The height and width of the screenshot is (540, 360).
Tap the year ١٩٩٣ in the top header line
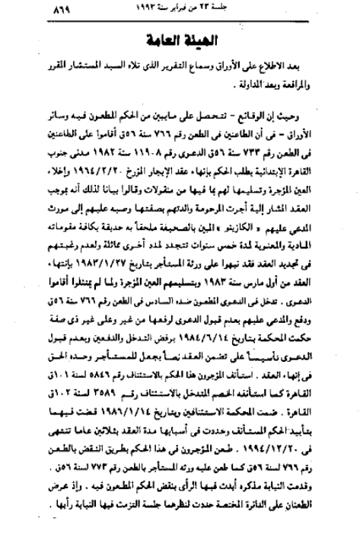pos(190,11)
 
